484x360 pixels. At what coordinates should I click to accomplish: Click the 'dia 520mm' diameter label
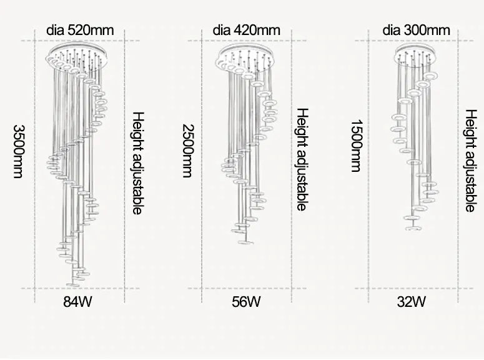point(80,29)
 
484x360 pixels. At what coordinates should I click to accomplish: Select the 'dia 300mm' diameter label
point(416,29)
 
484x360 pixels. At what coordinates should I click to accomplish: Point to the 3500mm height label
point(18,151)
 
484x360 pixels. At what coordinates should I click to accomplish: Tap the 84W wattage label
point(77,302)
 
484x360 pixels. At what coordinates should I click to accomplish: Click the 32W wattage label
point(412,302)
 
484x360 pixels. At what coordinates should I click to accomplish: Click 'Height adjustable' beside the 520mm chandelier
point(138,164)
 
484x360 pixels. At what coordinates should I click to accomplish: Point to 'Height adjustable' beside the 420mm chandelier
point(302,159)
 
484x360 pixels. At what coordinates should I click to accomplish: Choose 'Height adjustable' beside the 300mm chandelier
point(472,161)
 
